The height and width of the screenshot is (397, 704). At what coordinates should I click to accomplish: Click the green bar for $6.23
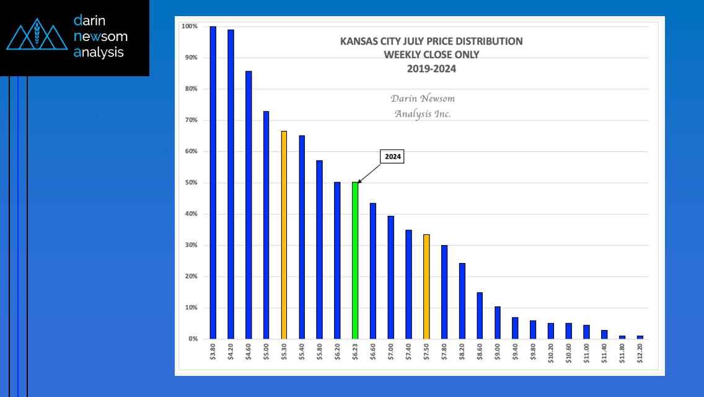pos(355,261)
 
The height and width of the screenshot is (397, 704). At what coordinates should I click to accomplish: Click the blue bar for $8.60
pos(480,316)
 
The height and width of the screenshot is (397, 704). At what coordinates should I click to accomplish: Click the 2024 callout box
pos(392,157)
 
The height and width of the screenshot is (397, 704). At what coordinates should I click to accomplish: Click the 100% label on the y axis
pos(188,27)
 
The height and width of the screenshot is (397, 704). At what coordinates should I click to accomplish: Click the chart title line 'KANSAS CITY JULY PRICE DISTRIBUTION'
pos(431,42)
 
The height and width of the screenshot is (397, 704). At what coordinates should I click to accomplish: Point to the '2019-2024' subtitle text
pos(431,69)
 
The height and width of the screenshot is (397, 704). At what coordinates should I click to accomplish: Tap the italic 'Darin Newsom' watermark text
pos(423,99)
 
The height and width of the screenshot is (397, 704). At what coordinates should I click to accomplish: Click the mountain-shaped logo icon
pos(37,37)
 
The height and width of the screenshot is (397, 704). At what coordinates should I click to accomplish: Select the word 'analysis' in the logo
pos(99,53)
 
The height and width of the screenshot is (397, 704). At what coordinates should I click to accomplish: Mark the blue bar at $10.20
pos(551,331)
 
